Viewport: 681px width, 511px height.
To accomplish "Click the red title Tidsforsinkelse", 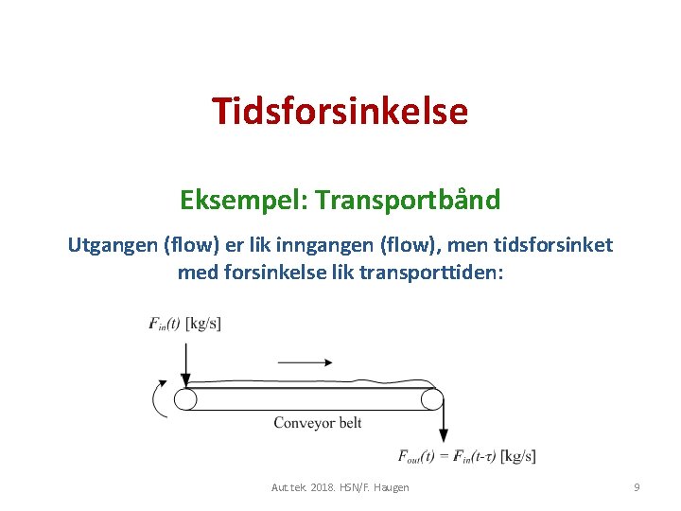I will (340, 112).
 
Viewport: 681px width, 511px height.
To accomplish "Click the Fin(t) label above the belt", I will (166, 324).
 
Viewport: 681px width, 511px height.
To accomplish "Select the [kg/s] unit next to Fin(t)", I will (204, 324).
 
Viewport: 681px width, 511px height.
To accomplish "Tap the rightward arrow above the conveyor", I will (305, 361).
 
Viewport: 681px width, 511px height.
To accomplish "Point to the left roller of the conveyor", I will (185, 399).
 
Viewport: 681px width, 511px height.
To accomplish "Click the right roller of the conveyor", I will (432, 399).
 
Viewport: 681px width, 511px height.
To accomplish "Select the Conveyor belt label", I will (318, 422).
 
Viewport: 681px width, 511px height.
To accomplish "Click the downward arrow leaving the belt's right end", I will (443, 426).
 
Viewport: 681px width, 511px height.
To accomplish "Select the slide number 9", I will (637, 486).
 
